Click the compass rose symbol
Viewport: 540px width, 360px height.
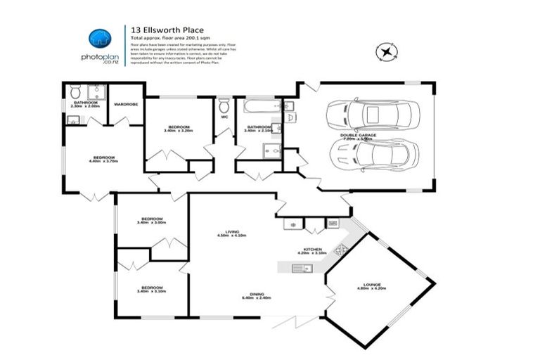pyautogui.click(x=385, y=51)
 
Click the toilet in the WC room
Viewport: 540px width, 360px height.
pyautogui.click(x=224, y=106)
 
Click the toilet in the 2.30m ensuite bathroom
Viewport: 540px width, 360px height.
pyautogui.click(x=76, y=91)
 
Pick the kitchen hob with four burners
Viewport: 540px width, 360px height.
pyautogui.click(x=340, y=249)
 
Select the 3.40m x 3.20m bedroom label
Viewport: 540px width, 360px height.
pyautogui.click(x=177, y=128)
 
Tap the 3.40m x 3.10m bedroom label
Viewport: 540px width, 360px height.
pyautogui.click(x=151, y=289)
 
